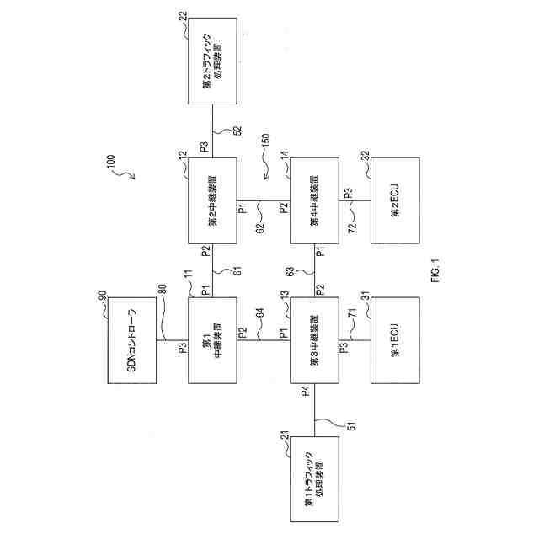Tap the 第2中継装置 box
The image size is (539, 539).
[212, 202]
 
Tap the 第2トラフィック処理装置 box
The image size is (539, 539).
[212, 60]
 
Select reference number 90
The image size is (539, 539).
[102, 296]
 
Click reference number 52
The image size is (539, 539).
[237, 131]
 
